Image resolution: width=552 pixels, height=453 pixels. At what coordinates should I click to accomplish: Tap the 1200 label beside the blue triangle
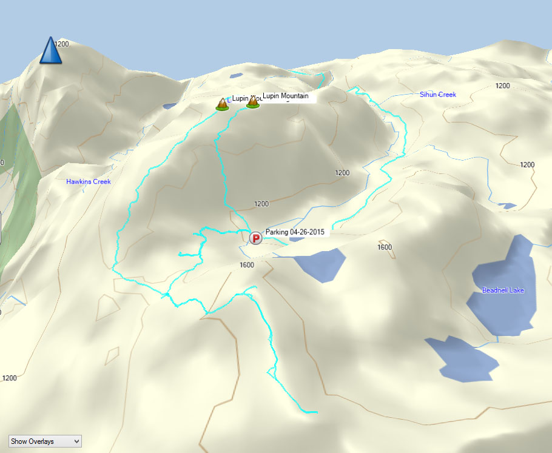coord(62,44)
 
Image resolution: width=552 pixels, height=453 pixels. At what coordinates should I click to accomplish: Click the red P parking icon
coord(255,238)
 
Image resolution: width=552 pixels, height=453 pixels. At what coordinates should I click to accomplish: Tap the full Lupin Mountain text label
coord(285,96)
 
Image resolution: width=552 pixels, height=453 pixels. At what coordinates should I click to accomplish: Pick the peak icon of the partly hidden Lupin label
coord(222,104)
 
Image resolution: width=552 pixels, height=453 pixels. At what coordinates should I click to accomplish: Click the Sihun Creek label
coord(437,95)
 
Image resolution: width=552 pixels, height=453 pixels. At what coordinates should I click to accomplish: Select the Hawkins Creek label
coord(89,181)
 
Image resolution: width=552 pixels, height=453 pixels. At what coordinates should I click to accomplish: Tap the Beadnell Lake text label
coord(503,290)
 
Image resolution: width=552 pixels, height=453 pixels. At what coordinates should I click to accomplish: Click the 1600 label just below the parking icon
coord(247,265)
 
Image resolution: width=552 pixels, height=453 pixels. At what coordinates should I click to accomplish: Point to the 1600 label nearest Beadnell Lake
coord(385,247)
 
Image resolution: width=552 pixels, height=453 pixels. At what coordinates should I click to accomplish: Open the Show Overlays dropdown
coord(45,441)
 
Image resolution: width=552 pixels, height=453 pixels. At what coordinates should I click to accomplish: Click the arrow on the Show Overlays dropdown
coord(76,441)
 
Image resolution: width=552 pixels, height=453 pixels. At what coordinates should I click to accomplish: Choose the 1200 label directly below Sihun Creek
coord(502,86)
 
